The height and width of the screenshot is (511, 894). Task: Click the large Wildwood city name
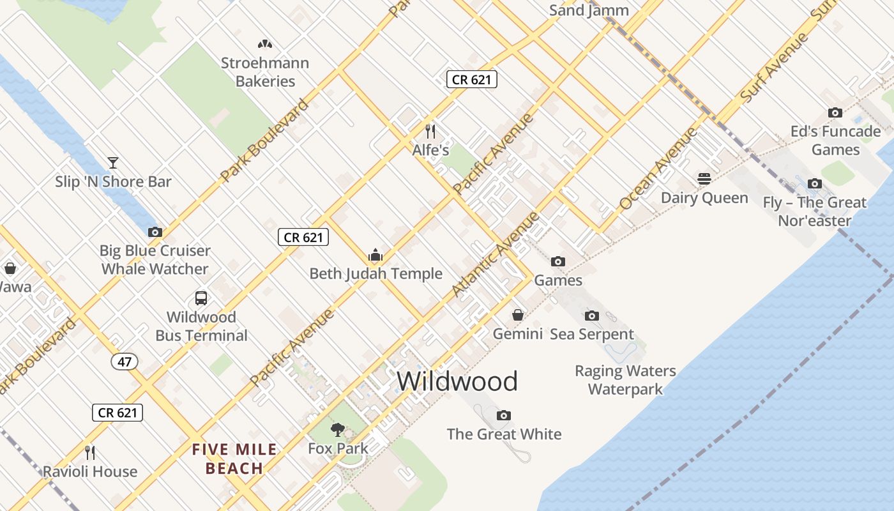pos(457,381)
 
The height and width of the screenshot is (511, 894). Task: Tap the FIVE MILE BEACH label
pos(235,459)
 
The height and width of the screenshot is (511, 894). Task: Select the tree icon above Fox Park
pos(337,429)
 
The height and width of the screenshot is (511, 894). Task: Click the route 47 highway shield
pos(125,362)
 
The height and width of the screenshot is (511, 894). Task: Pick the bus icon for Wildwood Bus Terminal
pos(201,298)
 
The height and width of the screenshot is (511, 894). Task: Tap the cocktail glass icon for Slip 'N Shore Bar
pos(113,163)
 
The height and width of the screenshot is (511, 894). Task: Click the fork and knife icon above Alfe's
pos(430,132)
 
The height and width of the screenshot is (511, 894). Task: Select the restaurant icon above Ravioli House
pos(90,453)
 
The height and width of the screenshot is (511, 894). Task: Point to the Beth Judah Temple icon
pos(375,256)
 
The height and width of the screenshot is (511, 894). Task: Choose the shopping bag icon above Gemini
pos(518,315)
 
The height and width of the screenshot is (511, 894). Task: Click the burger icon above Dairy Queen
pos(704,179)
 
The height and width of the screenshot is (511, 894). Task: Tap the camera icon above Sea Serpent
pos(592,316)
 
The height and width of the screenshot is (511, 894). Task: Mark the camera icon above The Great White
pos(504,416)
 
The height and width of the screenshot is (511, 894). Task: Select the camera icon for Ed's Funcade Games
pos(835,113)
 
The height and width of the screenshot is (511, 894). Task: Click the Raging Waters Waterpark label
pos(625,379)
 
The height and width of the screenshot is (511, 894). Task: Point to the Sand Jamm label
pos(589,10)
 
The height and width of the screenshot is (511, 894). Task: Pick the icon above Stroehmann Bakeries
pos(265,44)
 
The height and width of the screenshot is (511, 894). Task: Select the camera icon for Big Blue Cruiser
pos(155,233)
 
